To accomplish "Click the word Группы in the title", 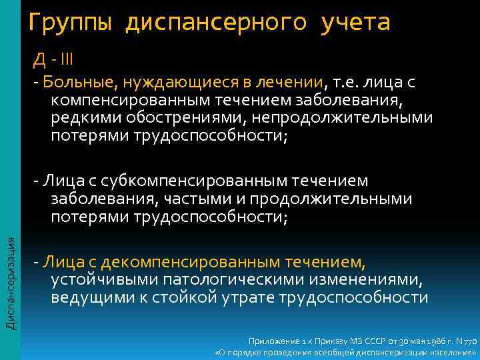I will pyautogui.click(x=71, y=23).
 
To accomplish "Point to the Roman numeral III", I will pyautogui.click(x=66, y=61).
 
